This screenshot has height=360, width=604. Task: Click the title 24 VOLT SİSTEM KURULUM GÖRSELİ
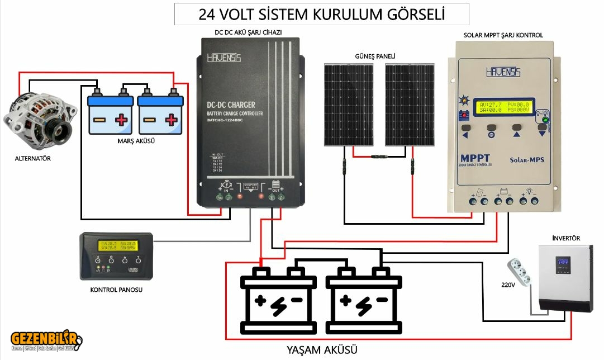[x=321, y=14]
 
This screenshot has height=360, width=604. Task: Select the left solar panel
[x=349, y=105]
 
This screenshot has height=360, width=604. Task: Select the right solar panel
[x=410, y=105]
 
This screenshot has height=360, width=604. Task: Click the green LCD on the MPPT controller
[x=502, y=107]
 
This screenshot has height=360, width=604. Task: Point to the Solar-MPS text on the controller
[x=526, y=160]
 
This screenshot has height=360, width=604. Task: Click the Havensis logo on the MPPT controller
[x=503, y=72]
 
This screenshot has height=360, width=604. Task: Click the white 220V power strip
[x=520, y=272]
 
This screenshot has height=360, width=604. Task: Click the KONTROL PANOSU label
[x=116, y=290]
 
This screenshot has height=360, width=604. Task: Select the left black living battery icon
[x=279, y=301]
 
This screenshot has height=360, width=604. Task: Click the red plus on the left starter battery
[x=121, y=119]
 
